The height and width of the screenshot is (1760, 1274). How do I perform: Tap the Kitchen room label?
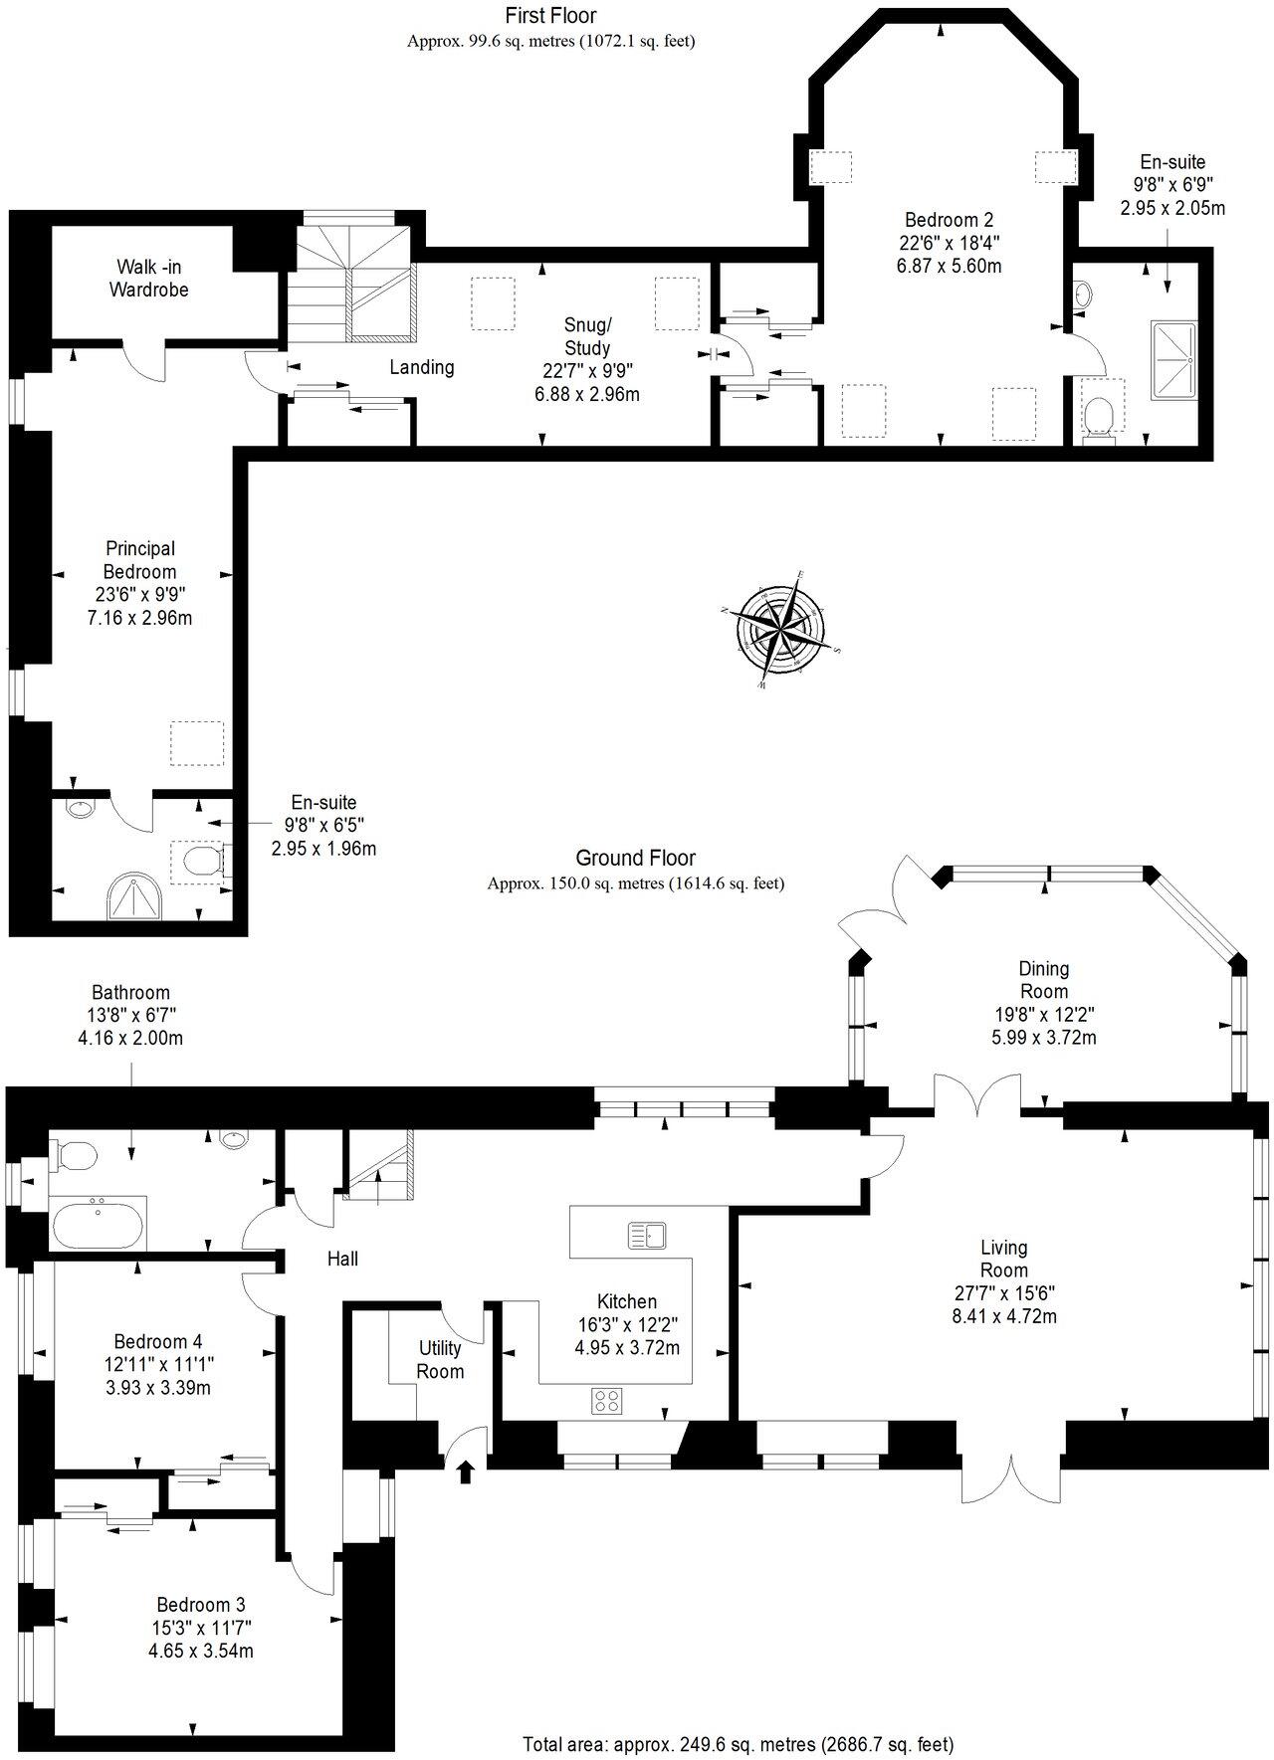pos(626,1301)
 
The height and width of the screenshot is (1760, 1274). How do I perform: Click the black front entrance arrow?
pos(465,1471)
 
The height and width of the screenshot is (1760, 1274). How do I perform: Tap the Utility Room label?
pos(440,1359)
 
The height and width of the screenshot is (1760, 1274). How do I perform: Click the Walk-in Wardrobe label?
pos(149,279)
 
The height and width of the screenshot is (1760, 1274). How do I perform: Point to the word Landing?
pos(422,367)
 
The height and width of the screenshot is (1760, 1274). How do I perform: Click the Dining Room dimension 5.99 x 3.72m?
pos(1043,1038)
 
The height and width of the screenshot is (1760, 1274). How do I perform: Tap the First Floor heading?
pos(550,15)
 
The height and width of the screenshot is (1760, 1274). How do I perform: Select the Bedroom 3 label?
pos(201,1605)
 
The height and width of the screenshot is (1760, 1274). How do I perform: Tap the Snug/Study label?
pos(587,336)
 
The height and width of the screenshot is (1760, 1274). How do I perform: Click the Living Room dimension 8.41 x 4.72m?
pos(1003,1316)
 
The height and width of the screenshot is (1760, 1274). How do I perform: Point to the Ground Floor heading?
pos(635,858)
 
